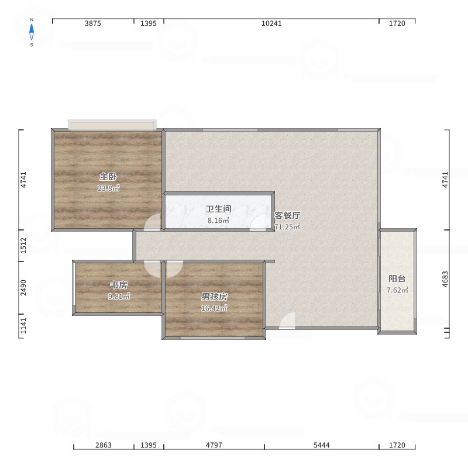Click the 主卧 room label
coord(108,177)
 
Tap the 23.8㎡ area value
coord(108,188)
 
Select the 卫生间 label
coord(218,209)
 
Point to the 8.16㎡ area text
coord(218,221)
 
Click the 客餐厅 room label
coord(287,215)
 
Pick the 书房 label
coord(119,285)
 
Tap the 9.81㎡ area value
coord(119,297)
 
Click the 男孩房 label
coord(214,297)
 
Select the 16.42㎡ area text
coord(214,308)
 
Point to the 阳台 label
coord(397,278)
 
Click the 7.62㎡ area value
coord(397,290)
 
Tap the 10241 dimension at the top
coord(271,23)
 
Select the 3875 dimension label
coord(93,23)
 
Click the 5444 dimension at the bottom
coord(321,445)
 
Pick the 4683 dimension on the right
coord(445,279)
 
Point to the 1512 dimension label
coord(23,245)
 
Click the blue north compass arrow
coord(32,32)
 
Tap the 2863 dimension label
coord(104,445)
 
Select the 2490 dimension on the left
coord(23,288)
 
